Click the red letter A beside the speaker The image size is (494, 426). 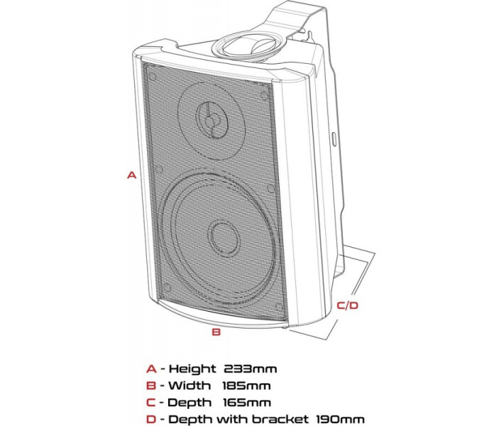[131, 174]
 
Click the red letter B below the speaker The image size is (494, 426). [217, 331]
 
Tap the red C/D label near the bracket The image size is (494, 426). [348, 305]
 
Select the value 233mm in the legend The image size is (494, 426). [250, 368]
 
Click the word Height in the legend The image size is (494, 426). [191, 368]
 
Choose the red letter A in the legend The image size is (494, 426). [150, 368]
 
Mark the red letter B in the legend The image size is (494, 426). [150, 386]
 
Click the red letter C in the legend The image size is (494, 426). [150, 403]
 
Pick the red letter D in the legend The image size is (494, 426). [150, 420]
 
